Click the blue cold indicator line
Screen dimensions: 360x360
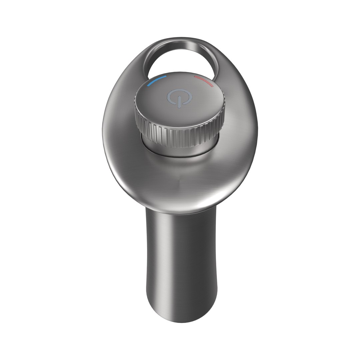158,80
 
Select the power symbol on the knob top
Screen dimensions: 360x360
175,97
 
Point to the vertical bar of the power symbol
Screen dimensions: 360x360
180,101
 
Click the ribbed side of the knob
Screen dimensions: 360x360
180,135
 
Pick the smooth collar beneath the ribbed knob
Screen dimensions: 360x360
180,149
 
